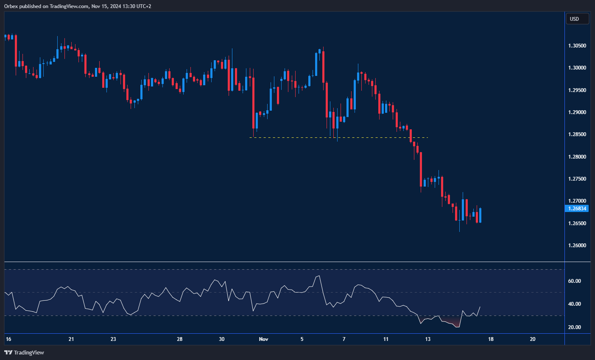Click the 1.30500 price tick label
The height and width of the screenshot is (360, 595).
point(577,46)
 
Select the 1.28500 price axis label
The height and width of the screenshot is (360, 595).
point(577,134)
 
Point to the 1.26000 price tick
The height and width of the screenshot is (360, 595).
point(577,246)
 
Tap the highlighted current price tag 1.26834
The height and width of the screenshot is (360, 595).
point(577,209)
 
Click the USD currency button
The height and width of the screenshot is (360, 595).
point(577,19)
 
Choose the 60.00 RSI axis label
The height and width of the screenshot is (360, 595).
point(574,281)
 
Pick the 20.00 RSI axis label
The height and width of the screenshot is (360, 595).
point(574,327)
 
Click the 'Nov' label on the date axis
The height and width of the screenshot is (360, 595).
point(263,339)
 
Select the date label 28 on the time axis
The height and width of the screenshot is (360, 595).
point(180,339)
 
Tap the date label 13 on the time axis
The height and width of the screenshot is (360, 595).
point(428,339)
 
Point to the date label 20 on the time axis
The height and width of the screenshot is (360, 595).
point(533,339)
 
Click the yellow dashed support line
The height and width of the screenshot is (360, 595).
point(339,137)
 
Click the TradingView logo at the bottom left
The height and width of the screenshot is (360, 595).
point(24,352)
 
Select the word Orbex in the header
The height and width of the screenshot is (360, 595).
point(12,6)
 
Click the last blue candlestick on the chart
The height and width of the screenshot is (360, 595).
point(480,215)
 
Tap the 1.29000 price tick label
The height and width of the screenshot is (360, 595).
point(577,112)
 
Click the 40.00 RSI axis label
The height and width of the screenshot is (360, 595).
point(574,304)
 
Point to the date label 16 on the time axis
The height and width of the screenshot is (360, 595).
point(8,339)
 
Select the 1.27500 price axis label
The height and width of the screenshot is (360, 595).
point(577,179)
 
